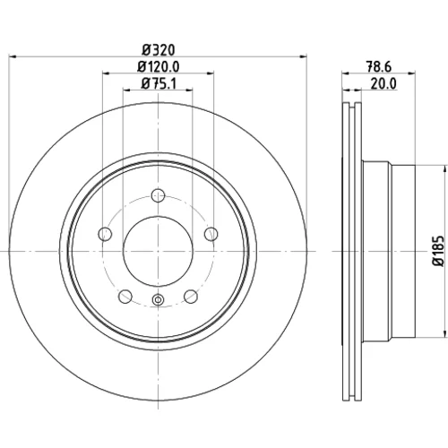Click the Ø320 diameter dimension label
(159, 50)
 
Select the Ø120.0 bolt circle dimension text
(159, 66)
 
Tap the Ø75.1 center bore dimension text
(159, 83)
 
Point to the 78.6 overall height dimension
(379, 66)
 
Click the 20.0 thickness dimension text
(383, 83)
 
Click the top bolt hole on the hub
(158, 195)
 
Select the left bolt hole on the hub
(105, 234)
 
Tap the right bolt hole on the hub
(211, 234)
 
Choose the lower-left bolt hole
(125, 297)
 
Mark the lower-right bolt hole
(191, 297)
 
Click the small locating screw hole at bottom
(158, 299)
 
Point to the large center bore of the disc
(158, 251)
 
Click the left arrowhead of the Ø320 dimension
(13, 56)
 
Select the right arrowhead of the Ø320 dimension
(304, 56)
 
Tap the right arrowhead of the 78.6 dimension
(411, 73)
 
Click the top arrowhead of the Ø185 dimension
(443, 168)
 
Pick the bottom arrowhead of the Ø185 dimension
(443, 333)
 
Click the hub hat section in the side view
(388, 251)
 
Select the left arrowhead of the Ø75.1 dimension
(126, 90)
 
